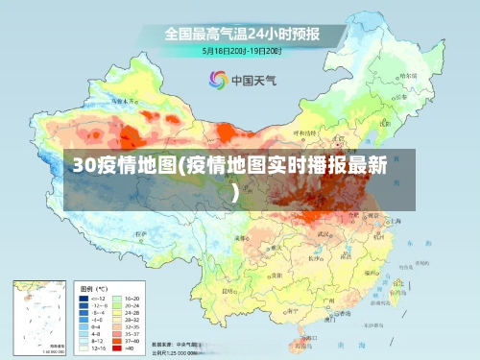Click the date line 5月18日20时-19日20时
[x=241, y=50]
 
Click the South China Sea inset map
[x=39, y=316]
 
